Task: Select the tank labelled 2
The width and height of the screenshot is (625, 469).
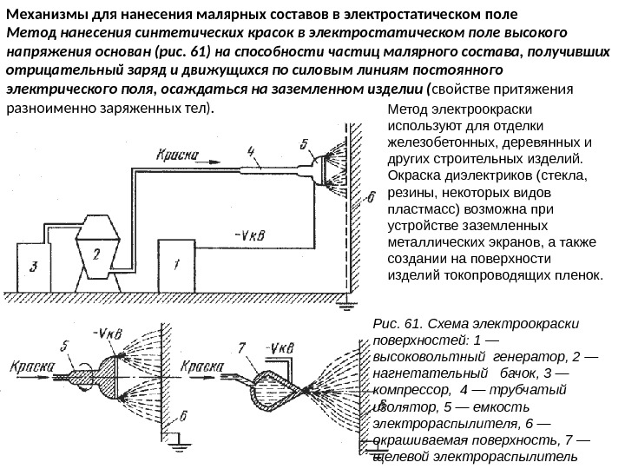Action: click(96, 252)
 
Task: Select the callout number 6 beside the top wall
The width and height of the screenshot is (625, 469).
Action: click(371, 198)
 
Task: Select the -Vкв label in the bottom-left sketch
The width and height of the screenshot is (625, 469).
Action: click(109, 334)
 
